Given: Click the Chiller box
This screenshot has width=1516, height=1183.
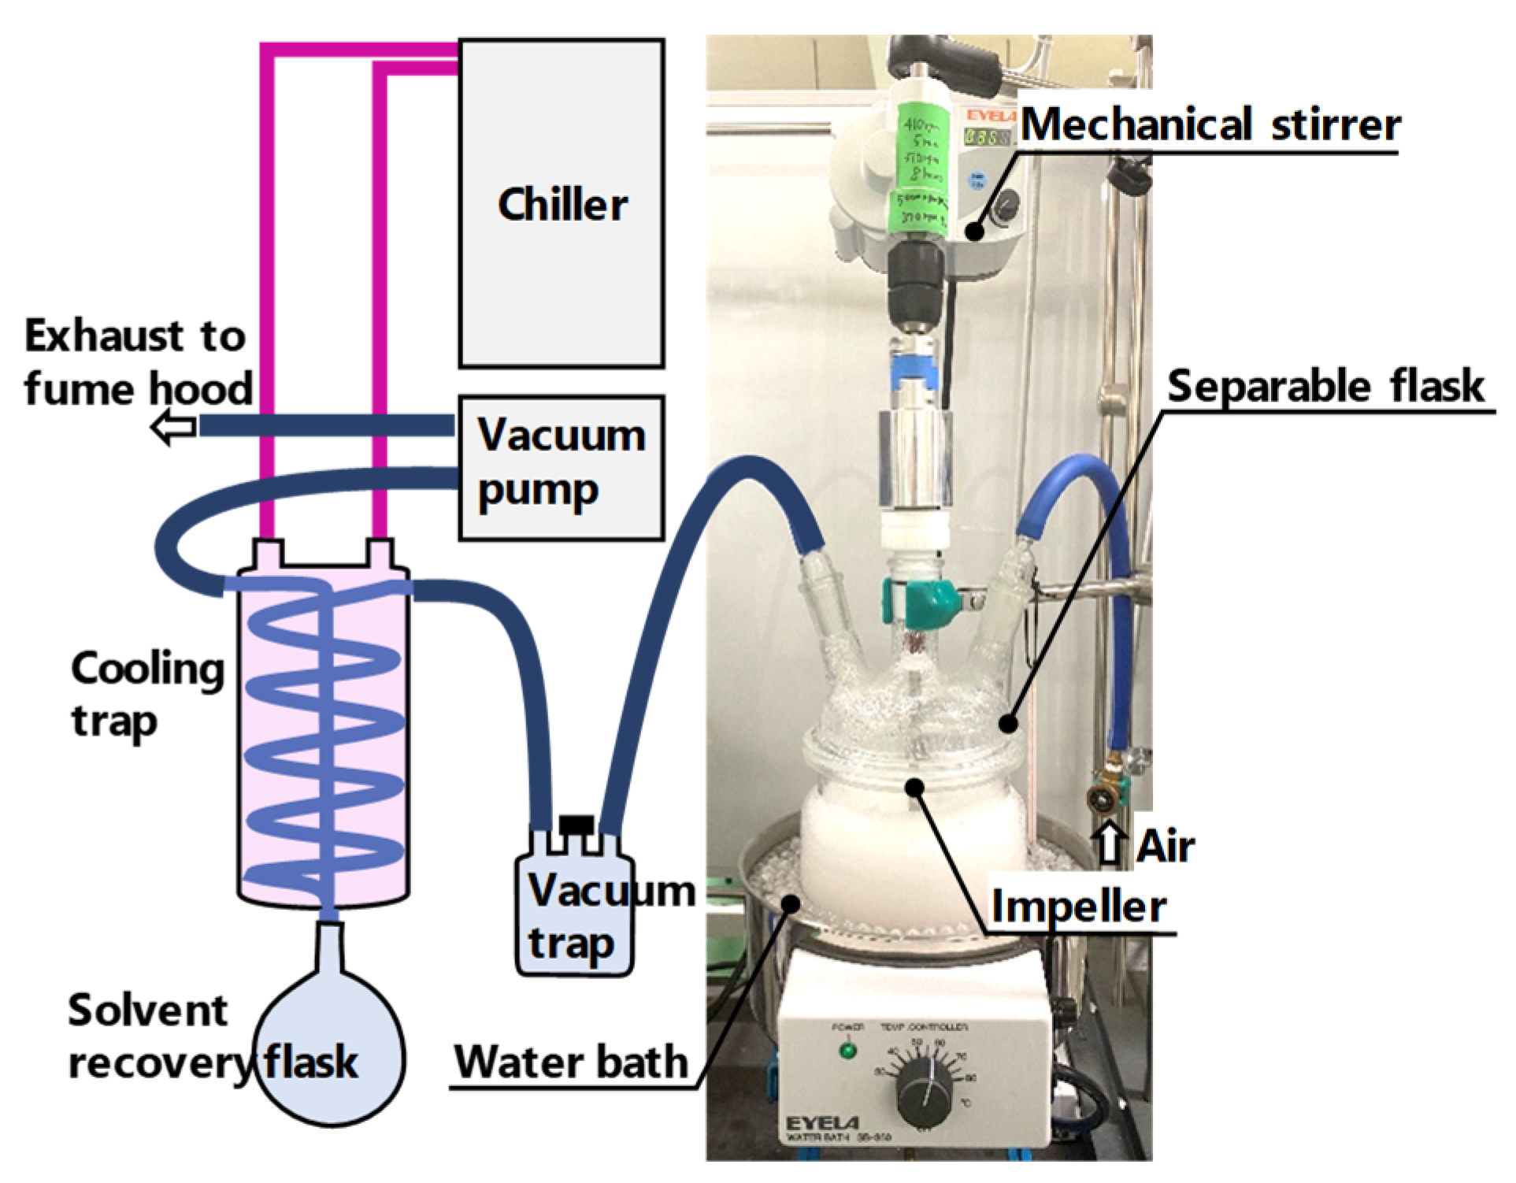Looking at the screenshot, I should click(x=562, y=203).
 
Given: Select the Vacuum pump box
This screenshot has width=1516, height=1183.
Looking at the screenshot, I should click(x=562, y=467).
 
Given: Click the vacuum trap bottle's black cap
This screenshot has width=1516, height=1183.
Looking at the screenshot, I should click(x=576, y=823).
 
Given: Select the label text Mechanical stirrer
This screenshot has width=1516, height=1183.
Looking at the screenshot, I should click(x=1210, y=124).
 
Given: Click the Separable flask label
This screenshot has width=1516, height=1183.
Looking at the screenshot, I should click(x=1325, y=386).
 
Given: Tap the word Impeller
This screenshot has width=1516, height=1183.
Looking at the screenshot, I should click(x=1078, y=906).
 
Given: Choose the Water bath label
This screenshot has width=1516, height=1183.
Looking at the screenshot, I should click(x=571, y=1062).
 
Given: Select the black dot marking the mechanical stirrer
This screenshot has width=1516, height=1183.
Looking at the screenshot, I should click(x=975, y=232).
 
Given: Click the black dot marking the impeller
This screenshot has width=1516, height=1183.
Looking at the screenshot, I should click(x=914, y=786).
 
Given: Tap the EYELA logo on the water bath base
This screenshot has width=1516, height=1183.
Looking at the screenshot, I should click(x=822, y=1122).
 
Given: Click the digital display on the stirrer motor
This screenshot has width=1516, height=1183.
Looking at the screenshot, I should click(x=988, y=137).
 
